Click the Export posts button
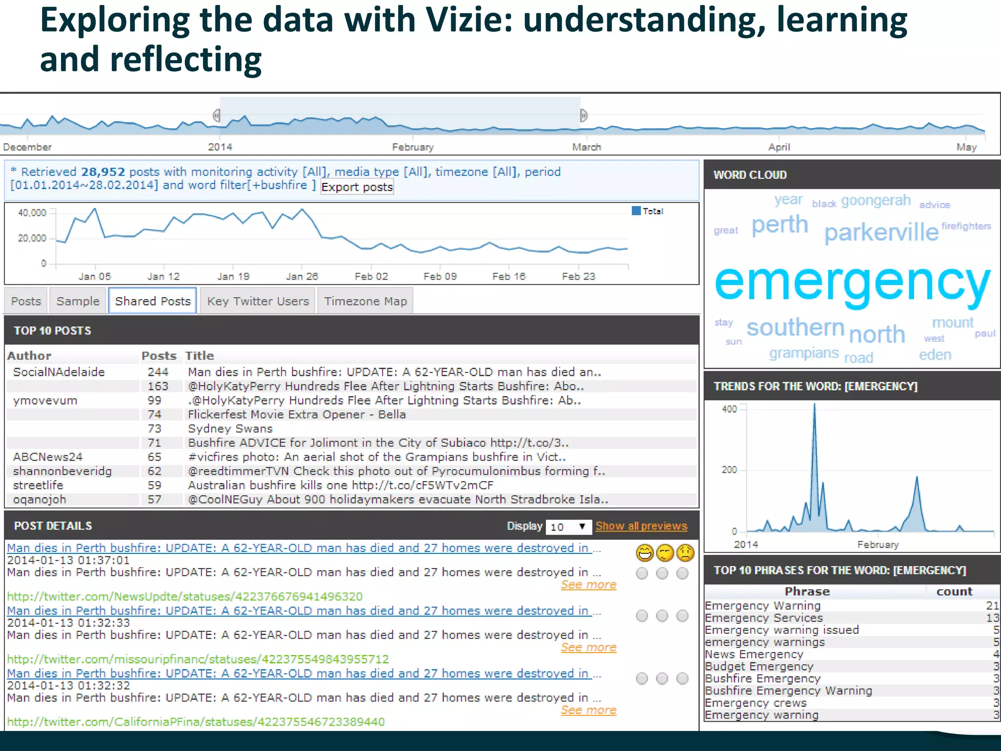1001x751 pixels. [x=357, y=187]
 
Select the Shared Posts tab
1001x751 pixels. [x=152, y=301]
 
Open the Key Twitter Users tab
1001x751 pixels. [x=258, y=301]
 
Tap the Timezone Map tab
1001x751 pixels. [x=365, y=301]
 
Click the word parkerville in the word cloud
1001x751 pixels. [x=881, y=232]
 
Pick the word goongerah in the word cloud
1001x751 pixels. [x=876, y=200]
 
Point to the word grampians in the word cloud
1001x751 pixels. [x=804, y=353]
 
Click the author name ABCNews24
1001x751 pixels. [x=47, y=457]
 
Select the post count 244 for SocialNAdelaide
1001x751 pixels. [x=158, y=372]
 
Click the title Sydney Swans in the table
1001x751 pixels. [x=230, y=429]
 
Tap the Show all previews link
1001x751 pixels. [x=641, y=526]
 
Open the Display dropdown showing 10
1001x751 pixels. [x=568, y=527]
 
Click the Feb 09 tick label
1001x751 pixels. [x=440, y=277]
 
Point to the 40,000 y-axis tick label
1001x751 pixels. [x=32, y=213]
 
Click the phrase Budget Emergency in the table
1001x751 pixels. [x=759, y=666]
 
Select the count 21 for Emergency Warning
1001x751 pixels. [x=992, y=606]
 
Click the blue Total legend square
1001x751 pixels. [x=636, y=211]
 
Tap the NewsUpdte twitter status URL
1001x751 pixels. [x=185, y=596]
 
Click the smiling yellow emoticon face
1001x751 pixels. [x=645, y=553]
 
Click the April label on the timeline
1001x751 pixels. [x=779, y=147]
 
